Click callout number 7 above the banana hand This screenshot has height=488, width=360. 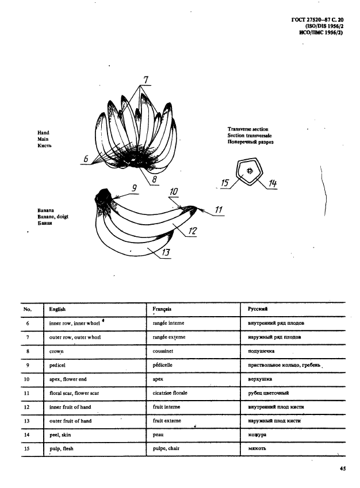(x=145, y=80)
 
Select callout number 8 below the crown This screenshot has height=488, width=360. (x=154, y=179)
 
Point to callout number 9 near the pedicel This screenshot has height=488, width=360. (x=133, y=187)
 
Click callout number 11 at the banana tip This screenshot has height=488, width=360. (x=219, y=210)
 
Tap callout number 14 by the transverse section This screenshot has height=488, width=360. (x=273, y=183)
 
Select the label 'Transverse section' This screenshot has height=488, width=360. (x=248, y=129)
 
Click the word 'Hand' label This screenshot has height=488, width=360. (x=44, y=133)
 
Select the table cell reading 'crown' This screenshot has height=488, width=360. (x=56, y=351)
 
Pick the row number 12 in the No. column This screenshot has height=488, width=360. (x=28, y=407)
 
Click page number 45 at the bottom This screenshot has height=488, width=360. (x=343, y=470)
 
